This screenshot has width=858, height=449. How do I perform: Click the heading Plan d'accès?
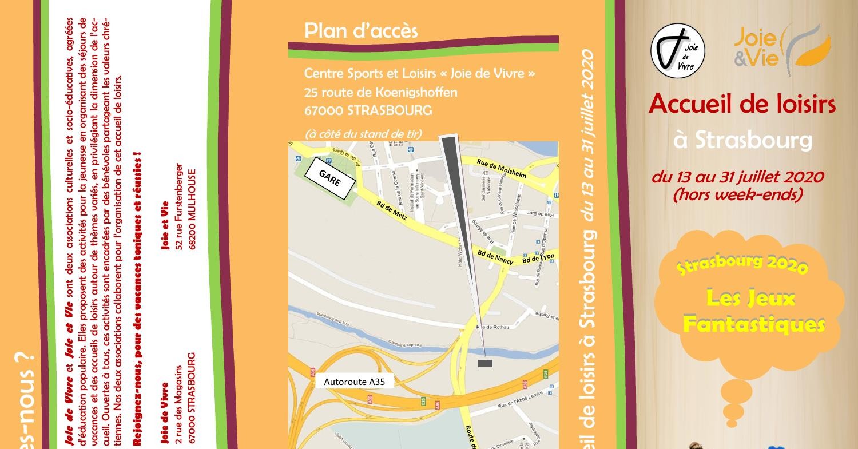point(361,31)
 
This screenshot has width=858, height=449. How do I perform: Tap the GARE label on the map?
point(330,179)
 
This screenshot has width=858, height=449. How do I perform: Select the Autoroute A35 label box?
point(355,382)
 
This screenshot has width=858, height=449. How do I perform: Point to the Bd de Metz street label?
point(392,210)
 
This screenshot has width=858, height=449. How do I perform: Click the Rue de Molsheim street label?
point(501,168)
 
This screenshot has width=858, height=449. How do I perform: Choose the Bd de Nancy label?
point(495,257)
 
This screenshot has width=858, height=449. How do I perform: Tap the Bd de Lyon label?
point(538,259)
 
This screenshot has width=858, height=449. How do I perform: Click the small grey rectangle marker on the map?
point(485,363)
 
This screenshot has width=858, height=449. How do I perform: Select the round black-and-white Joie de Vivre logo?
point(678,50)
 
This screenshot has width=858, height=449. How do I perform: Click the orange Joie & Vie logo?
point(781,49)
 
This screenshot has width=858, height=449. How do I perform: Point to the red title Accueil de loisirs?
point(742,104)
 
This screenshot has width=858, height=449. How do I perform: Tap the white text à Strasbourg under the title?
point(742,140)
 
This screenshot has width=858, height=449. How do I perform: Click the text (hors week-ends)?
point(737,194)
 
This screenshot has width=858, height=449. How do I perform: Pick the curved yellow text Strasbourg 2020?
point(742,264)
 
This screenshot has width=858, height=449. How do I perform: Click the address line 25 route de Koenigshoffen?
point(380,92)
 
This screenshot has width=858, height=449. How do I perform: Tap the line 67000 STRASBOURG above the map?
point(368,110)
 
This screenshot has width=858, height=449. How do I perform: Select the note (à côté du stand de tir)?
point(363,134)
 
